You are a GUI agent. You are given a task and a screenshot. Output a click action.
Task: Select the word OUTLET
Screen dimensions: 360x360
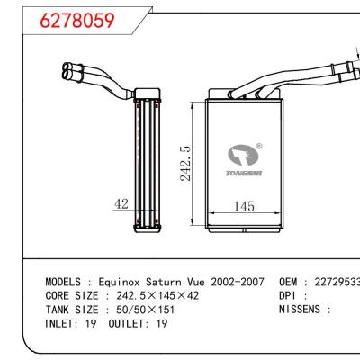122,321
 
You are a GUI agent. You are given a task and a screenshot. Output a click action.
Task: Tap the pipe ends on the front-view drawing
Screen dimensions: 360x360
344,65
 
